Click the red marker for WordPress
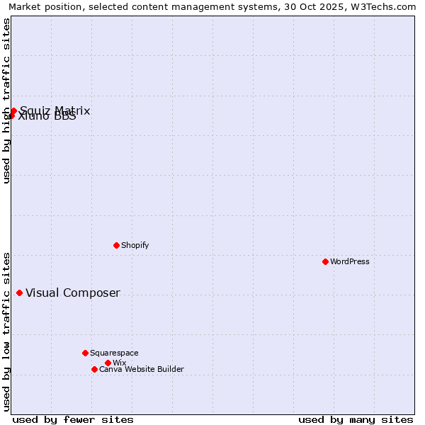point(325,261)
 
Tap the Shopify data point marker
point(116,245)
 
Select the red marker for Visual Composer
point(19,293)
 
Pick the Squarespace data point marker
point(85,353)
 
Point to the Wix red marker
point(108,363)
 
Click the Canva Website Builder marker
point(94,369)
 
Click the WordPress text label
point(350,261)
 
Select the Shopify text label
point(135,245)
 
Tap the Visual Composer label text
point(73,293)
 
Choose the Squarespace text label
point(114,353)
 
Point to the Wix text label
point(119,363)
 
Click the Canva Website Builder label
point(142,369)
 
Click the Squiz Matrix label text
point(55,110)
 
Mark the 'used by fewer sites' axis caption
point(73,419)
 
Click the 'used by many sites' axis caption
point(356,419)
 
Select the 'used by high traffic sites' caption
point(6,101)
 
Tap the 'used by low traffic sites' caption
point(6,331)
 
